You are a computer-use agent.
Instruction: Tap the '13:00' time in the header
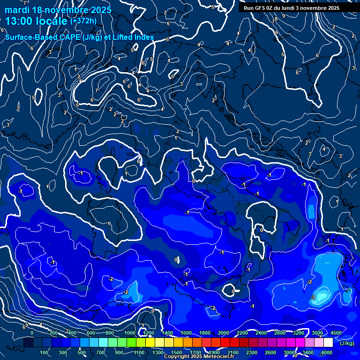(x=19, y=21)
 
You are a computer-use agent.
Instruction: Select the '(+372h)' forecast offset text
(x=83, y=21)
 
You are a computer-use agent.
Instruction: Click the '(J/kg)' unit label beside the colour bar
(x=346, y=343)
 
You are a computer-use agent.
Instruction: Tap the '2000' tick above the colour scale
(x=224, y=333)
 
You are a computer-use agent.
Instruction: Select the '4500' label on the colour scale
(x=336, y=333)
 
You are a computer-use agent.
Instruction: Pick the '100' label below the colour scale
(x=45, y=352)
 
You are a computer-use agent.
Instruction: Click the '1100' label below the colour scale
(x=139, y=352)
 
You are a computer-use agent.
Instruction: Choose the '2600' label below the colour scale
(x=270, y=352)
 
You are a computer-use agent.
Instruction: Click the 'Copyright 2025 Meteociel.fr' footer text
(x=199, y=357)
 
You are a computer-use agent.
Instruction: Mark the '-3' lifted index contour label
(x=313, y=297)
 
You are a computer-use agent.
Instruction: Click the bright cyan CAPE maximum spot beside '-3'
(x=322, y=296)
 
